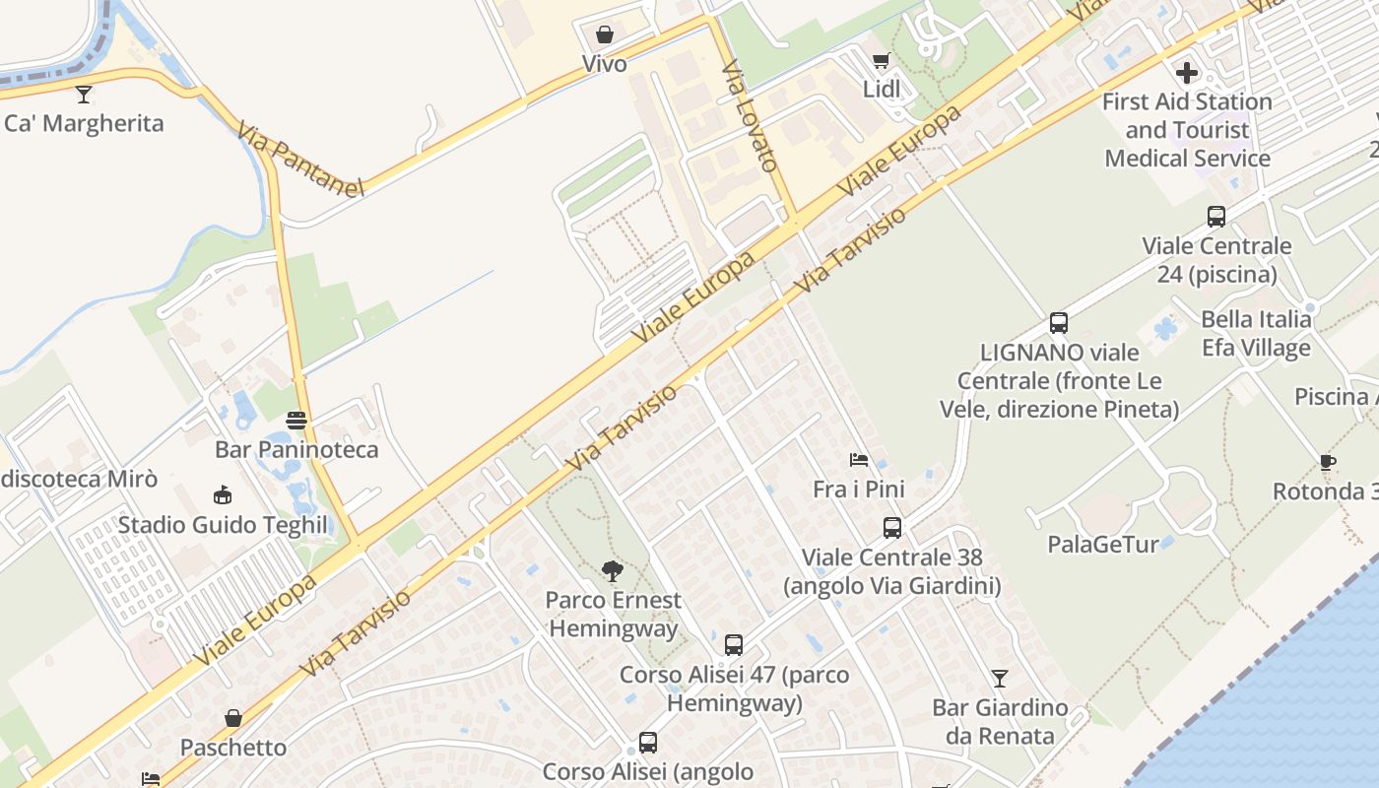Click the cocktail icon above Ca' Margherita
coord(84,95)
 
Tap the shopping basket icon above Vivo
coord(604,35)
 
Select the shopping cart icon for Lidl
coord(881,61)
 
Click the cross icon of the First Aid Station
coord(1187,72)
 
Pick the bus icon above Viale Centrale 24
coord(1216,217)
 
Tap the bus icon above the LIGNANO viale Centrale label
coord(1059,323)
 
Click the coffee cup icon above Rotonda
coord(1328,463)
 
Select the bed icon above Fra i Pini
coord(859,460)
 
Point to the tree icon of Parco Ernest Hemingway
coord(612,570)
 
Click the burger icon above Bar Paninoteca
coord(296,421)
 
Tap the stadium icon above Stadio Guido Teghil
coord(223,495)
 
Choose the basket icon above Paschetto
coord(233,718)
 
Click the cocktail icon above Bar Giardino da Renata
coord(1000,678)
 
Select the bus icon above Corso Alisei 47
coord(734,645)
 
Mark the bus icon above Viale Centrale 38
coord(892,528)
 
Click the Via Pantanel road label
coord(300,159)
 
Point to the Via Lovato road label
coord(751,115)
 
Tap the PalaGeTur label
coord(1102,544)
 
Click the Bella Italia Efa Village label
coord(1256,334)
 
